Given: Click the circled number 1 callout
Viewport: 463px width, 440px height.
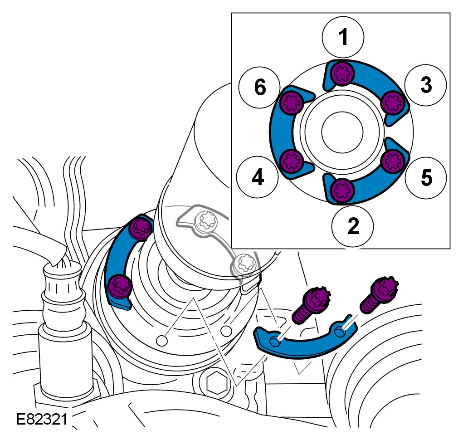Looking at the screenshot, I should click(343, 37).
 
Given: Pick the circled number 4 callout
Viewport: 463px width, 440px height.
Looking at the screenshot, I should click(258, 177).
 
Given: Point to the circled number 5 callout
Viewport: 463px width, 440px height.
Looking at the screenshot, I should click(426, 177).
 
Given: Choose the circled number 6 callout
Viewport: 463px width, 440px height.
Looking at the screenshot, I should click(260, 87).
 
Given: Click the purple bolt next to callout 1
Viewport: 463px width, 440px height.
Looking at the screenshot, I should click(341, 73).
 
